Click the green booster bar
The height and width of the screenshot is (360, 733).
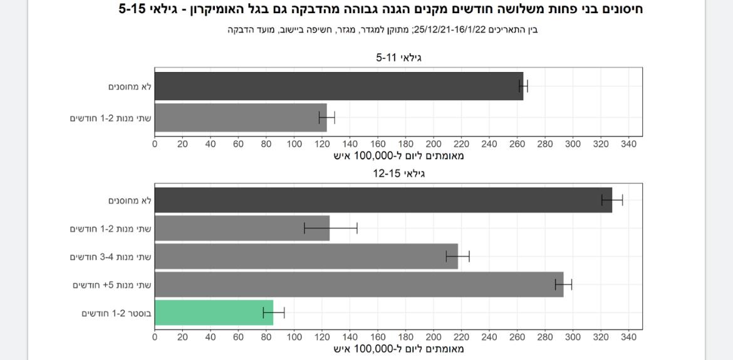tap(214, 312)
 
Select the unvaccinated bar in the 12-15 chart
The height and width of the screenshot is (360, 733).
tap(383, 200)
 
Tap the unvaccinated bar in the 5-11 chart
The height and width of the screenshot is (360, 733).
tap(338, 86)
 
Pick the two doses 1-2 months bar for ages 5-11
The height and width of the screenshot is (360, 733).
tap(241, 118)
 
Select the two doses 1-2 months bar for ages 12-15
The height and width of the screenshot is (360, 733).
tap(242, 228)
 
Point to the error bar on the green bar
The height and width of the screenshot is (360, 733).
tap(274, 312)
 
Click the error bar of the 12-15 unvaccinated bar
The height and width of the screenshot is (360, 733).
tap(612, 200)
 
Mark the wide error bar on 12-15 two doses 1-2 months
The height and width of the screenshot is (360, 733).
tap(331, 228)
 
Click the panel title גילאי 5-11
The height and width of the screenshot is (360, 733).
tap(398, 58)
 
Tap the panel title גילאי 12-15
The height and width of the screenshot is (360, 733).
tap(398, 173)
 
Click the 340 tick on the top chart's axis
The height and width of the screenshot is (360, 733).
tap(628, 144)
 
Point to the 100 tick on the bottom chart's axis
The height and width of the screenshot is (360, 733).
tap(294, 337)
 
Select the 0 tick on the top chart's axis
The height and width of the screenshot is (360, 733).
tap(155, 144)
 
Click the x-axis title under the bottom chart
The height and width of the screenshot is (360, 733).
tap(398, 349)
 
